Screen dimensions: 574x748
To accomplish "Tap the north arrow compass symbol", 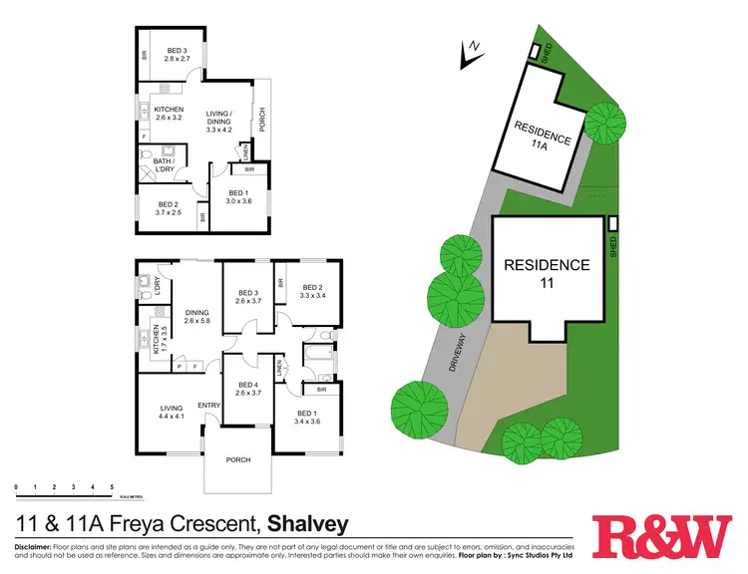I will (x=470, y=55).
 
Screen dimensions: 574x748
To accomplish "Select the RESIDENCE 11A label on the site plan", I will (x=543, y=135).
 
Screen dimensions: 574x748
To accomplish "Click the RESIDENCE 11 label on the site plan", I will (x=547, y=273).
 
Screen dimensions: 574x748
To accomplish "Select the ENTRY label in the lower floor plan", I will (x=208, y=405).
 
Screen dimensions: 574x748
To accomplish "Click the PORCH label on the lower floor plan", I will (x=237, y=459).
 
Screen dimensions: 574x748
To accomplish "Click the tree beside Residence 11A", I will (x=605, y=121).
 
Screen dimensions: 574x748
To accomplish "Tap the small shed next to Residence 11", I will (x=612, y=223).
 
